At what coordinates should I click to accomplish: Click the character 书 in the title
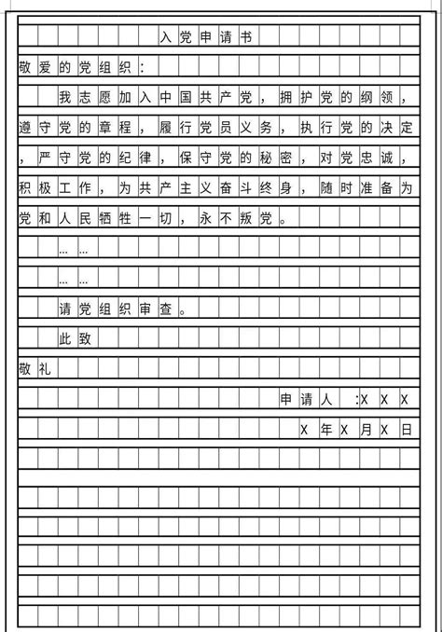coord(245,37)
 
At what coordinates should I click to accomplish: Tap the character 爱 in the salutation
coord(44,67)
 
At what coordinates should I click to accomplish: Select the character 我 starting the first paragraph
coord(64,97)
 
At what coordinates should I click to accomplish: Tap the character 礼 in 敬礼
coord(44,369)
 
